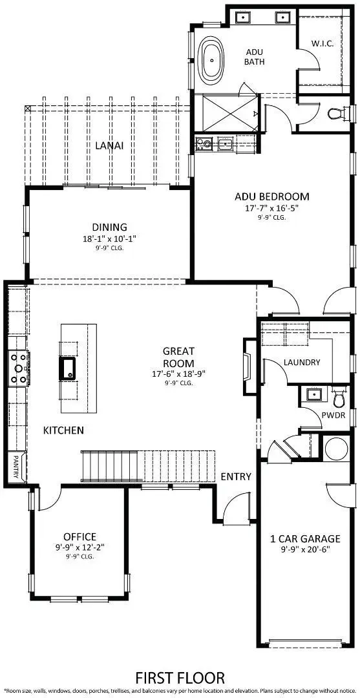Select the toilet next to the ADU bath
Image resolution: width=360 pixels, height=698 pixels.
tap(335, 114)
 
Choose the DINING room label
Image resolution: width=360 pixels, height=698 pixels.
tap(109, 227)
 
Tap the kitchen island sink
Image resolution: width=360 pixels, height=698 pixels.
tap(67, 367)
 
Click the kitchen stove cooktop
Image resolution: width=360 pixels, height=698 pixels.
tap(17, 368)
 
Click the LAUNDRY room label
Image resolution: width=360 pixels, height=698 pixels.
tap(302, 363)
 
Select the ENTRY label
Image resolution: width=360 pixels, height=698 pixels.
tap(236, 476)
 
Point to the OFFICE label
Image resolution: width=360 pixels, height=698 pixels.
tap(79, 537)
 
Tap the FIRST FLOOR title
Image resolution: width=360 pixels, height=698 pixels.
tap(180, 677)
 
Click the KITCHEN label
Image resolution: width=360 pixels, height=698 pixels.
tap(63, 430)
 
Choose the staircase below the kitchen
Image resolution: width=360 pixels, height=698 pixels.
tap(147, 466)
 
